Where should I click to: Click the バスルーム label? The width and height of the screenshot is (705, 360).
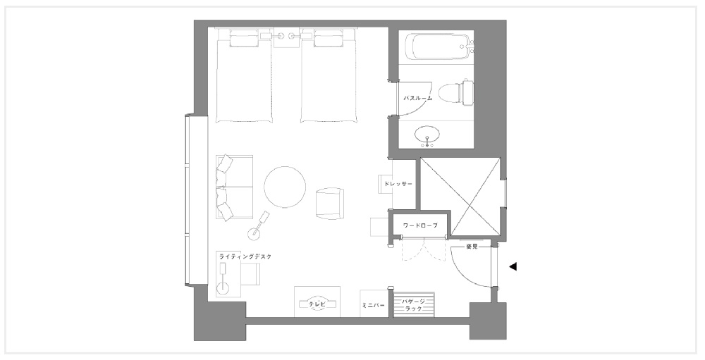point(417,97)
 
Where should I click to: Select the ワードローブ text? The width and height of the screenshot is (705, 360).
point(420,225)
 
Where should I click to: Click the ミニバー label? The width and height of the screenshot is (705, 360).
point(373,305)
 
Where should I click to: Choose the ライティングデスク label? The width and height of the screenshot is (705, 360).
point(245,257)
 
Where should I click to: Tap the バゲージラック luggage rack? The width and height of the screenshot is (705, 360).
point(414,304)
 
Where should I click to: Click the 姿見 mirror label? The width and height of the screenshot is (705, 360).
point(472,247)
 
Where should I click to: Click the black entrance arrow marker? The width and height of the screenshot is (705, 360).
point(513,266)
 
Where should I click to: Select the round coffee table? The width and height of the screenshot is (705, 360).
point(285,187)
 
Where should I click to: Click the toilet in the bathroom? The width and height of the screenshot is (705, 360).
point(456,92)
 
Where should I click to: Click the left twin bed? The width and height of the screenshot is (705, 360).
point(244,75)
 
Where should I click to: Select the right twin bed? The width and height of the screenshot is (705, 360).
point(329,75)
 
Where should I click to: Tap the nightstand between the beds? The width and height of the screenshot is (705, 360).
point(287,39)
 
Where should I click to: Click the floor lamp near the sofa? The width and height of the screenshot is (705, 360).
point(259,225)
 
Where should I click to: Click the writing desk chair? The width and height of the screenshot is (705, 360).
point(251,274)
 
